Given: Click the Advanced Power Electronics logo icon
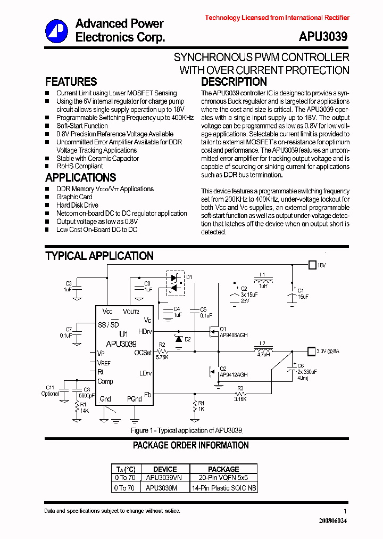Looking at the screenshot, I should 56,30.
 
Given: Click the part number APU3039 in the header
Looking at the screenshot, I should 323,37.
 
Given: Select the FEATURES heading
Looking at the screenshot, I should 71,82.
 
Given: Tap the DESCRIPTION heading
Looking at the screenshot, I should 234,82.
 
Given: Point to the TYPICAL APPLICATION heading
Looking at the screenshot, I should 99,256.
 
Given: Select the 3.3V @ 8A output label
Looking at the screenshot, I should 327,352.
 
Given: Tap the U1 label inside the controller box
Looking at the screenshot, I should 124,334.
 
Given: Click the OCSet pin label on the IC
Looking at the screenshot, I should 143,353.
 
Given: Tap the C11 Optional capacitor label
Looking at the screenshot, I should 50,390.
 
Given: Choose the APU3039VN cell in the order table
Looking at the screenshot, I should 164,478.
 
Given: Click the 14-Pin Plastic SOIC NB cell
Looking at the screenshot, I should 224,487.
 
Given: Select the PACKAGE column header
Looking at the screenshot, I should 223,469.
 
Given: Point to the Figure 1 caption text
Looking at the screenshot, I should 186,430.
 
